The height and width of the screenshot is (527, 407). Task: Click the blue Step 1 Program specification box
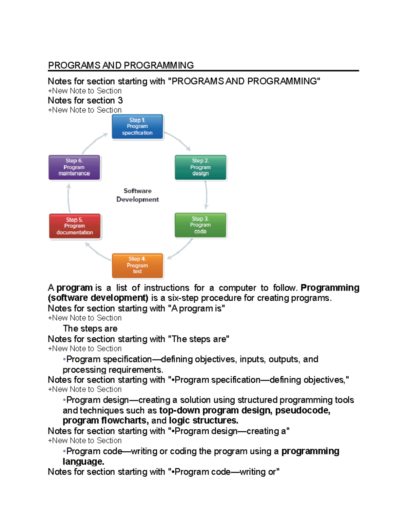pyautogui.click(x=137, y=127)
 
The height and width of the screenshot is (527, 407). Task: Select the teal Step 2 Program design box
pyautogui.click(x=200, y=167)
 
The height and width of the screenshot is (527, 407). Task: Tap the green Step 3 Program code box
pyautogui.click(x=200, y=225)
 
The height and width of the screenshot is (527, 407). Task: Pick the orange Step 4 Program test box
pyautogui.click(x=137, y=265)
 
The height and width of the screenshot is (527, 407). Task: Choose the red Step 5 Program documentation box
pyautogui.click(x=75, y=226)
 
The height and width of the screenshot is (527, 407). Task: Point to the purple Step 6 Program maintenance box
pyautogui.click(x=74, y=167)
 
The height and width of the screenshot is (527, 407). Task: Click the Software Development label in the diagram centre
pyautogui.click(x=137, y=195)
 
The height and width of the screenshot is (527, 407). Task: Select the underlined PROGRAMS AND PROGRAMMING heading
pyautogui.click(x=121, y=65)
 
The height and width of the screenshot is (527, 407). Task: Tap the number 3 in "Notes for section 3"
pyautogui.click(x=120, y=100)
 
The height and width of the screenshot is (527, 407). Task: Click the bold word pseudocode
pyautogui.click(x=303, y=410)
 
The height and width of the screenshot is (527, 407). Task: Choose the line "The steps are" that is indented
pyautogui.click(x=90, y=328)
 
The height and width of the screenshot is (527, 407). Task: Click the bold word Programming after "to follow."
pyautogui.click(x=330, y=288)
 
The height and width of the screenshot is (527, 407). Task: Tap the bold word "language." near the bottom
pyautogui.click(x=83, y=462)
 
